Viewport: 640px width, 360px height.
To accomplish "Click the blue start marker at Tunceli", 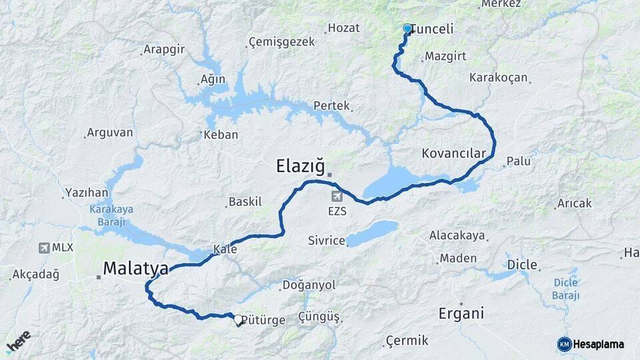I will (x=407, y=29).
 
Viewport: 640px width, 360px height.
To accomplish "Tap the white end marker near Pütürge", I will (x=238, y=319).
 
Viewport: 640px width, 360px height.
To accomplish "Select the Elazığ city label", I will (x=300, y=166).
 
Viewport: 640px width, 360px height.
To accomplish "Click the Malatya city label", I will (x=135, y=269).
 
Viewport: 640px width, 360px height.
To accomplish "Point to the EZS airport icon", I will (x=337, y=197).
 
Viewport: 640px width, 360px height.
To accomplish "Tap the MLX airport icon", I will (x=45, y=247).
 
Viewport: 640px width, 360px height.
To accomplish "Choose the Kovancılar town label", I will (x=453, y=153).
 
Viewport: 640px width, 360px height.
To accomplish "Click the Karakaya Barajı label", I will (x=111, y=213).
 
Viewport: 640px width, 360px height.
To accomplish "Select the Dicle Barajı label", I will (x=566, y=288).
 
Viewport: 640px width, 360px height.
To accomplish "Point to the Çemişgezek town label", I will (x=281, y=42).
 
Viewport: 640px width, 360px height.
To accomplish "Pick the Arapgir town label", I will (x=163, y=50).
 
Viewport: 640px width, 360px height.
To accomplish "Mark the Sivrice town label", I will (x=326, y=241).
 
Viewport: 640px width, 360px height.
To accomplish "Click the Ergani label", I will (x=461, y=313).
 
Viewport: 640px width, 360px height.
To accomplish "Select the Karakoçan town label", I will (x=498, y=77).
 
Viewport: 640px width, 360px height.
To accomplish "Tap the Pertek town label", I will (x=331, y=106).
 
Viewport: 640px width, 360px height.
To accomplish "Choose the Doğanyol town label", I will (x=309, y=285).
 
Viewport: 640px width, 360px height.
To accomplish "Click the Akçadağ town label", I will (x=36, y=274).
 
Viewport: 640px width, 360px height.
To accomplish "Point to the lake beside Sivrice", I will (x=372, y=233).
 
